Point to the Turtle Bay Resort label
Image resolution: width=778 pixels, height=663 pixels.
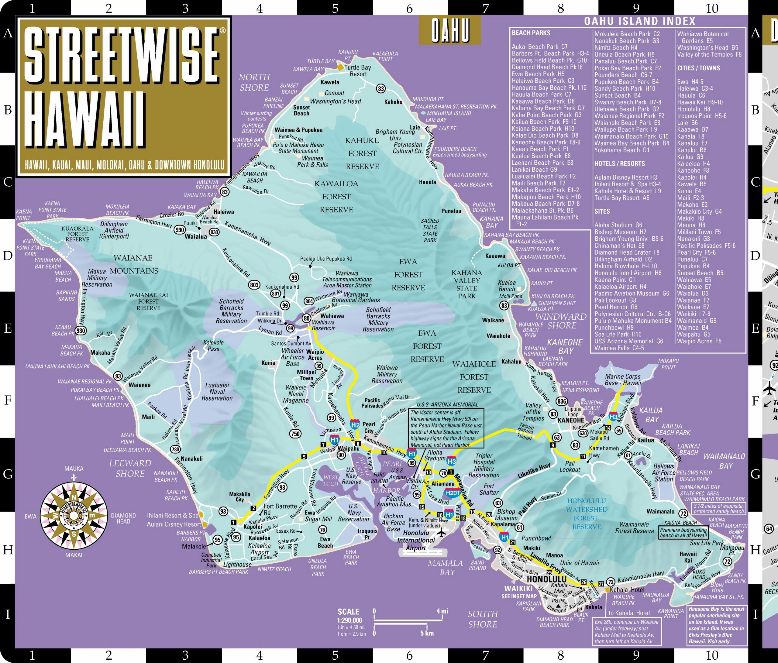tap(357, 70)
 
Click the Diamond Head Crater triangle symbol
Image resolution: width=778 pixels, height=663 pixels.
tap(558, 606)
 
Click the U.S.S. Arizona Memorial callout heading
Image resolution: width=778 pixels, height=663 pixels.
tap(446, 404)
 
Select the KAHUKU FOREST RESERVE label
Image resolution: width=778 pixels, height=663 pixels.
tap(362, 153)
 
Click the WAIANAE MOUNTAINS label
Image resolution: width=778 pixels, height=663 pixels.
tap(134, 264)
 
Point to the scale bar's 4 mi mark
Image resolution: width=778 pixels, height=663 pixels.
tap(442, 611)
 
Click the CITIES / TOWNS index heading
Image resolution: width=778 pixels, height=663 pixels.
tap(698, 68)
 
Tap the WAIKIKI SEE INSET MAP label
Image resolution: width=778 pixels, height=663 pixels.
tap(519, 591)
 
